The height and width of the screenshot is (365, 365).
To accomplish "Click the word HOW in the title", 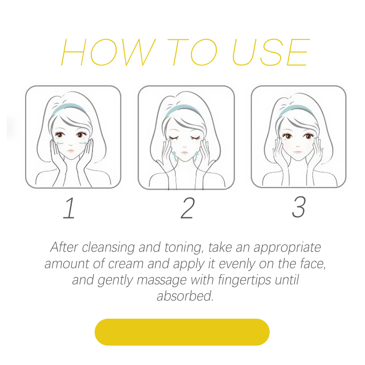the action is coord(108,52).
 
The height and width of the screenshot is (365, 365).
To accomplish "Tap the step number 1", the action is coord(69,208).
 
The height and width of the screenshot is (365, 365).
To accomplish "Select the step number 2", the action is coord(188,208).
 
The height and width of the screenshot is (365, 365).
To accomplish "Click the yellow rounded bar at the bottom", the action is coord(182,332).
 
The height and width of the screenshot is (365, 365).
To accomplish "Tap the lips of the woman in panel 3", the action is coord(298,152).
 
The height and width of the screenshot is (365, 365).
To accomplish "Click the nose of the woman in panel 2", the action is coord(185,146).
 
